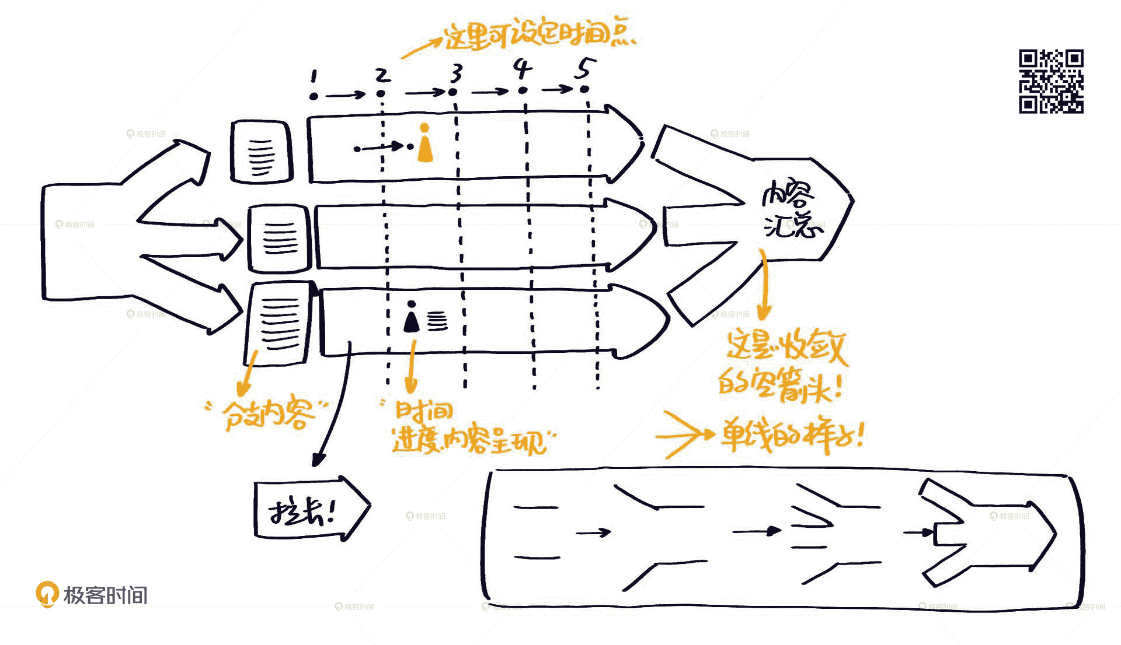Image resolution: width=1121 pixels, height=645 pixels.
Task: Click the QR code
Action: click(1051, 81)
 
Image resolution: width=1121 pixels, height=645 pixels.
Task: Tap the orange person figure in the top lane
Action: click(425, 143)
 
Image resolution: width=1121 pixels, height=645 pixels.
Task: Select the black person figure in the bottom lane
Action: click(412, 318)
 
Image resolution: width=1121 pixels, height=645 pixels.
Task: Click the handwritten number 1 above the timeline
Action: click(314, 76)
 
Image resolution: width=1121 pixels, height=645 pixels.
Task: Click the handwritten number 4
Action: click(523, 69)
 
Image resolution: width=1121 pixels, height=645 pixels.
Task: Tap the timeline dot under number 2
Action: click(381, 93)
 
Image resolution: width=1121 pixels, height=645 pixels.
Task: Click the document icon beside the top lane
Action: click(261, 152)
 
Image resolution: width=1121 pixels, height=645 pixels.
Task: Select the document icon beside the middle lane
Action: click(279, 238)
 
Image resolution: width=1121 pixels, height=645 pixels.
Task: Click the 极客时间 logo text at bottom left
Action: click(105, 595)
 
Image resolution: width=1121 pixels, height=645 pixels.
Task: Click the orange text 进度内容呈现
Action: click(470, 441)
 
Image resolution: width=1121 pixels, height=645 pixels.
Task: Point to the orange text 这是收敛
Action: click(785, 347)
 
